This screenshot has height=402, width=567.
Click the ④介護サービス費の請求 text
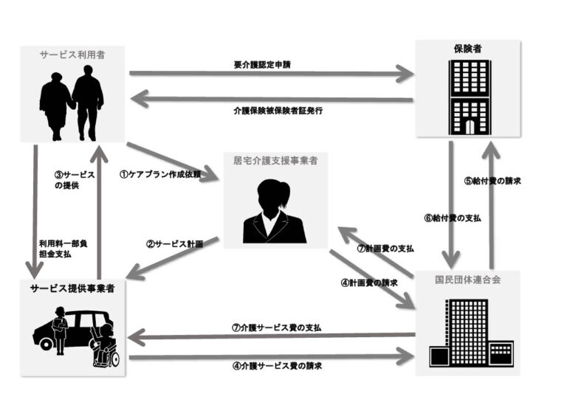tap(276, 366)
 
